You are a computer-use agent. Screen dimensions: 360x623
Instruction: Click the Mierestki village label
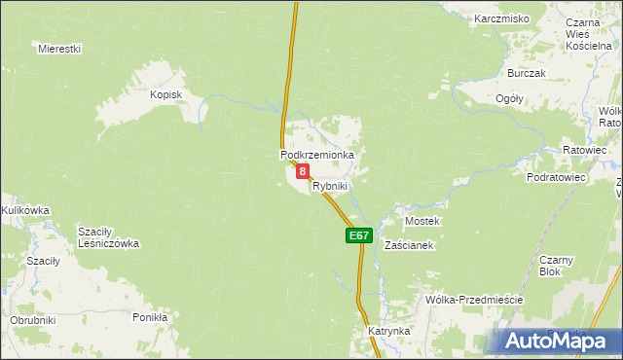[x=59, y=48]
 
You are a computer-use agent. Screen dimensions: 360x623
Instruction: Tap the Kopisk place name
[x=166, y=94]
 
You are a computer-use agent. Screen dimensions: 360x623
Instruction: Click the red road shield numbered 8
[x=303, y=171]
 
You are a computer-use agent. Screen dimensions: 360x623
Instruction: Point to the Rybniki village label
[x=330, y=186]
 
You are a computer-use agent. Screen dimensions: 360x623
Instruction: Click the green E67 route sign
[x=358, y=235]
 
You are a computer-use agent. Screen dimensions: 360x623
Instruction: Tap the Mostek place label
[x=422, y=221]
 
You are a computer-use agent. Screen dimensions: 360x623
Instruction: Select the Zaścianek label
[x=407, y=246]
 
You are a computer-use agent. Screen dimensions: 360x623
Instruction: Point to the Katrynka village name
[x=388, y=332]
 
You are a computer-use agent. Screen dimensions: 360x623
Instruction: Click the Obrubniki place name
[x=33, y=320]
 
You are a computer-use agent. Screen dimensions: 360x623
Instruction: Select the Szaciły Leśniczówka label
[x=109, y=237]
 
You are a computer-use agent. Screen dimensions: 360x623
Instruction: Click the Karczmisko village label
[x=501, y=18]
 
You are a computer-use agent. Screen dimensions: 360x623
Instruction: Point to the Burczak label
[x=527, y=73]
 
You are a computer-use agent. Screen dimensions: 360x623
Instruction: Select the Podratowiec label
[x=555, y=178]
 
